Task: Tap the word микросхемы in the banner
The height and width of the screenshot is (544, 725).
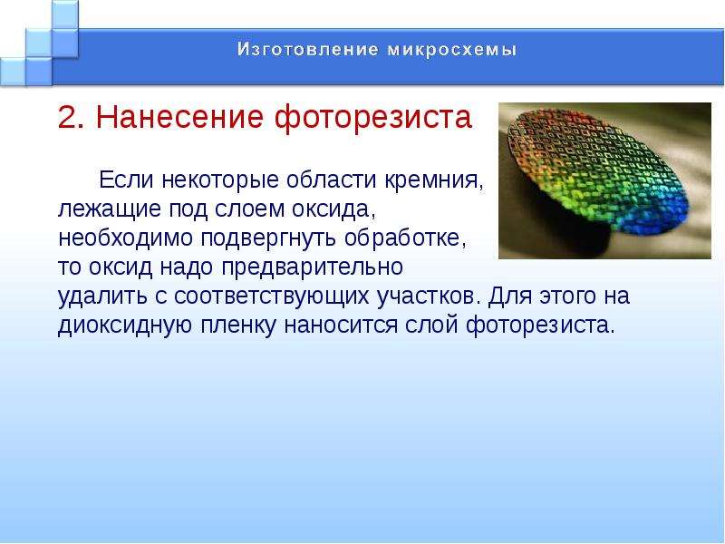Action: pos(452,50)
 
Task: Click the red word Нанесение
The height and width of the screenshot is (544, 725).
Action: pos(179,117)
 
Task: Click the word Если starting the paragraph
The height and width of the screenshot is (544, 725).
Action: pos(126,180)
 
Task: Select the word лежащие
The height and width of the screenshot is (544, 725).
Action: pos(110,209)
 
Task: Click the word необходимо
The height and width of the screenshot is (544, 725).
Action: pos(125,238)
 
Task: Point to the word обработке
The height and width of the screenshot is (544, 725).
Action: pos(405,238)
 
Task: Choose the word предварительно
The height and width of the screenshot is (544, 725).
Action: pos(313,267)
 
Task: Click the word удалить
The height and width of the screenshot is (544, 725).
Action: pos(102,296)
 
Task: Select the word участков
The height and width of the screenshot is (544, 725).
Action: pos(427,296)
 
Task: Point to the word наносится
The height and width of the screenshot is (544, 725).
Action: pos(341,325)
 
